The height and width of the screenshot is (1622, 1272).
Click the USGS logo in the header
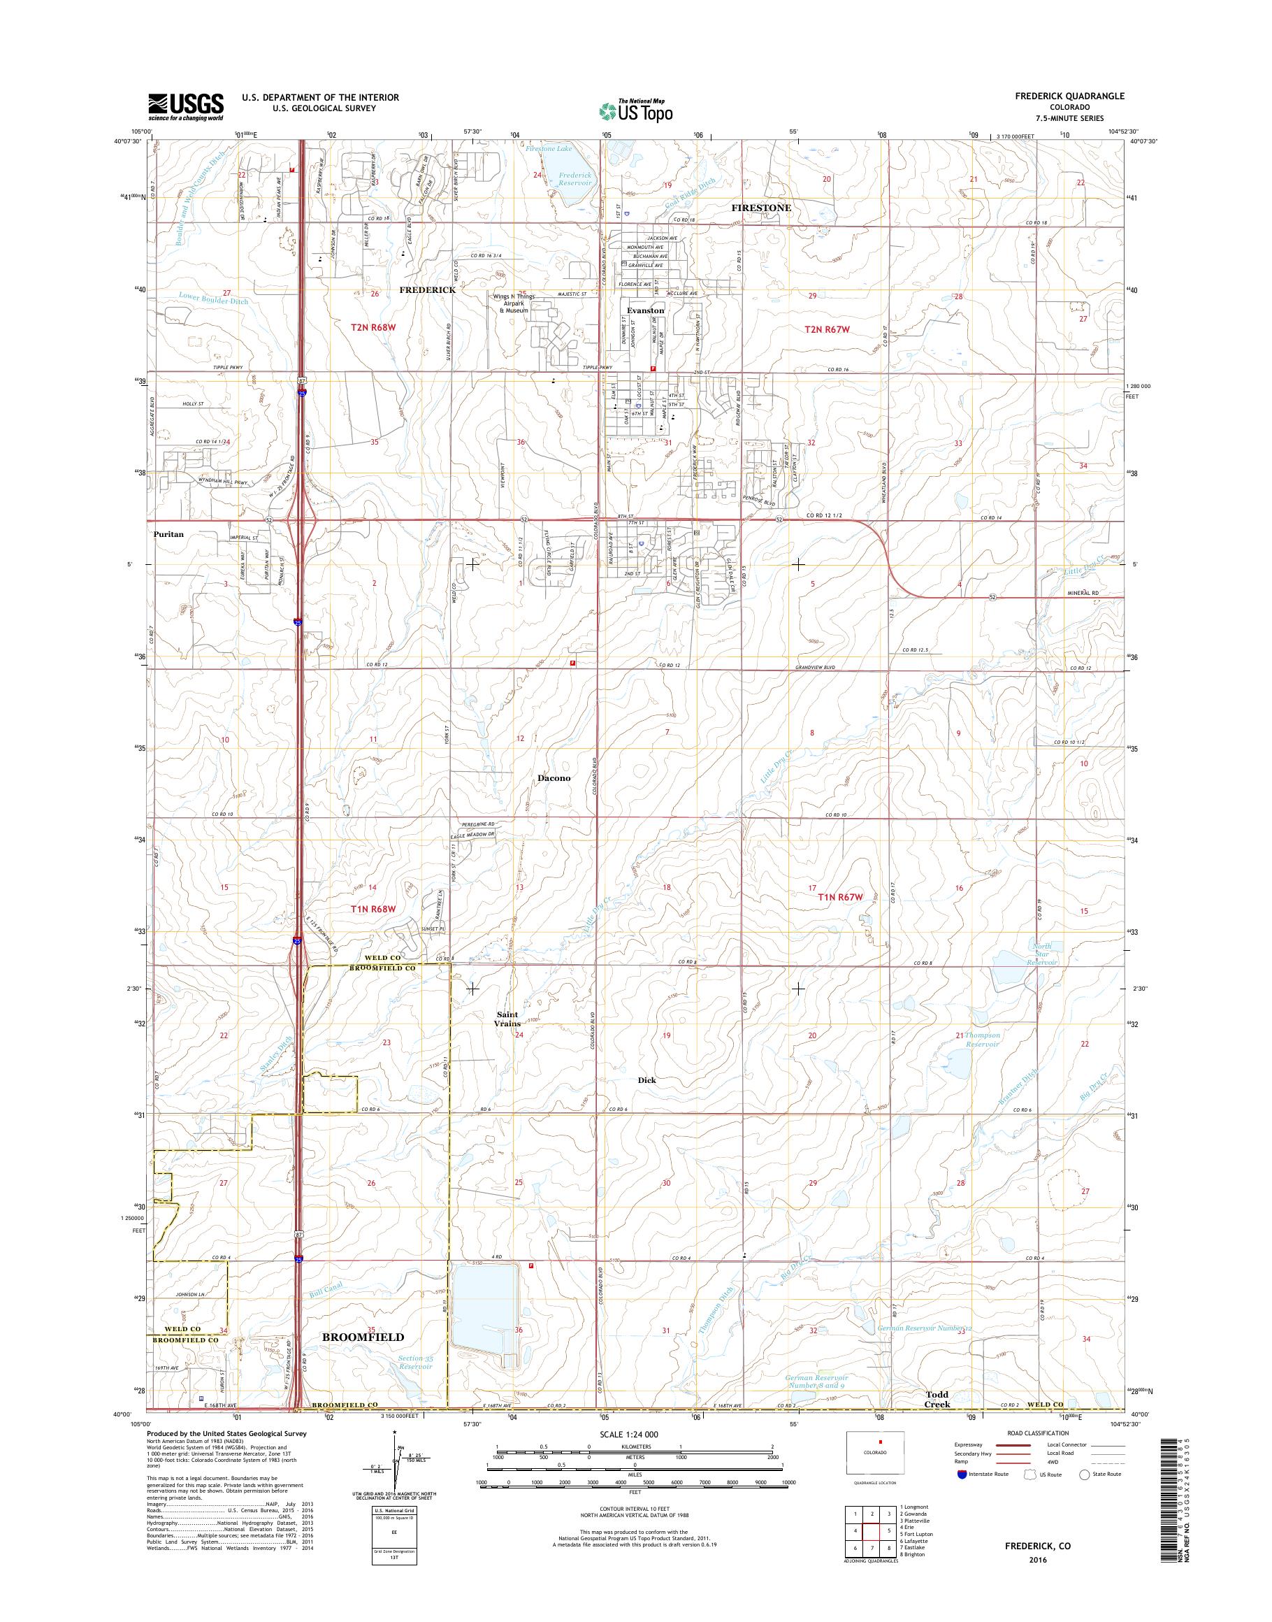pyautogui.click(x=185, y=106)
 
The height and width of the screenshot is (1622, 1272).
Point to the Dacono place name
pyautogui.click(x=554, y=778)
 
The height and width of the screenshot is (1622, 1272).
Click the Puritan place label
pyautogui.click(x=168, y=534)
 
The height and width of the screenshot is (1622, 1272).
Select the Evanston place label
pyautogui.click(x=645, y=310)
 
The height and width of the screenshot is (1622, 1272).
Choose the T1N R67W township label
pyautogui.click(x=840, y=897)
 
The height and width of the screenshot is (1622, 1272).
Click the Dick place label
pyautogui.click(x=646, y=1079)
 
